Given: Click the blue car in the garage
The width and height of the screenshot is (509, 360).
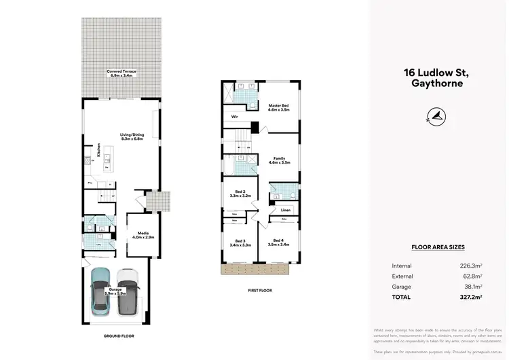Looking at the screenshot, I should pyautogui.click(x=100, y=291).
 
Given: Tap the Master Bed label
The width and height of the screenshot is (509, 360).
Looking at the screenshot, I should pyautogui.click(x=279, y=107).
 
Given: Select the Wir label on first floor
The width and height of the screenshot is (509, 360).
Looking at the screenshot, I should pyautogui.click(x=234, y=117).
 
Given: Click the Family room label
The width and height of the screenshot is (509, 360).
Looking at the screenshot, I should pyautogui.click(x=280, y=160).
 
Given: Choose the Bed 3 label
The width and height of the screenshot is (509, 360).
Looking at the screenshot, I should pyautogui.click(x=241, y=243).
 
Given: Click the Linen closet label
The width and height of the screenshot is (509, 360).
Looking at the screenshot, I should pyautogui.click(x=286, y=211).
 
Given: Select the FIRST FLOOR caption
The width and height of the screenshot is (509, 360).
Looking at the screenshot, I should pyautogui.click(x=260, y=290).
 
